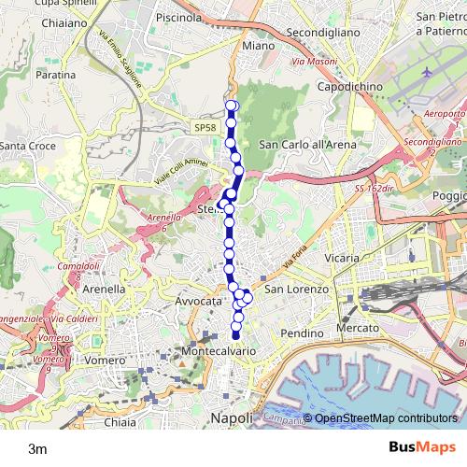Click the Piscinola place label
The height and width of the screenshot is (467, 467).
tap(180, 17)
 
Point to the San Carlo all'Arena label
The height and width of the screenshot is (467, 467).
tap(307, 145)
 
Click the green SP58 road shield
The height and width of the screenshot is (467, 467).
tap(206, 128)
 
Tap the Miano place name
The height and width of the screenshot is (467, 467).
tap(258, 45)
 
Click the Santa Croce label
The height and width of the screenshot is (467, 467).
tap(27, 147)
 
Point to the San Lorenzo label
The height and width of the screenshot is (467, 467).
tap(297, 290)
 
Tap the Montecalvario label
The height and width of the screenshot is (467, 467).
tap(218, 349)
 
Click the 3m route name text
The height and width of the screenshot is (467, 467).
tap(37, 448)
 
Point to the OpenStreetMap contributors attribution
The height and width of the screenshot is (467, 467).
tap(386, 418)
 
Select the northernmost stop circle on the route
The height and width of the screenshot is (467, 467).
tap(232, 105)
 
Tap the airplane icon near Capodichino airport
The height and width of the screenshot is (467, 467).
tap(428, 72)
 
